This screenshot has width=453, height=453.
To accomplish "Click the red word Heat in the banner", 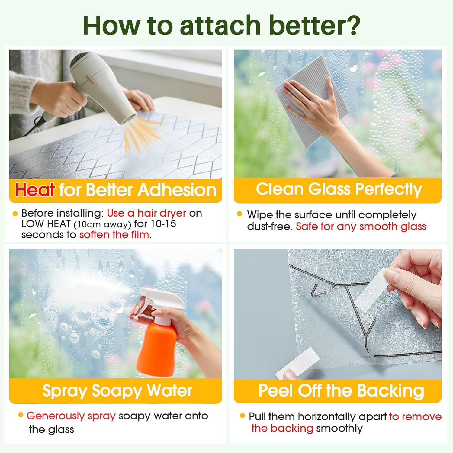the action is (35, 190).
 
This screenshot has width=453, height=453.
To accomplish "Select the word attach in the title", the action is (220, 25).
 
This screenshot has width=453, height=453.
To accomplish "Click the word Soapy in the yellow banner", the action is (117, 391).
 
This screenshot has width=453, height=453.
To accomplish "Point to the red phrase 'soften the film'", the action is (114, 235).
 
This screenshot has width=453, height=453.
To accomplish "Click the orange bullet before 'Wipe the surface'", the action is (239, 214).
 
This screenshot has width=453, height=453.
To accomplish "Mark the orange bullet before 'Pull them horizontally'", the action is (242, 416).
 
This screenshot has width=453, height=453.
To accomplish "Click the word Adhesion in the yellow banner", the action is (177, 190).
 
